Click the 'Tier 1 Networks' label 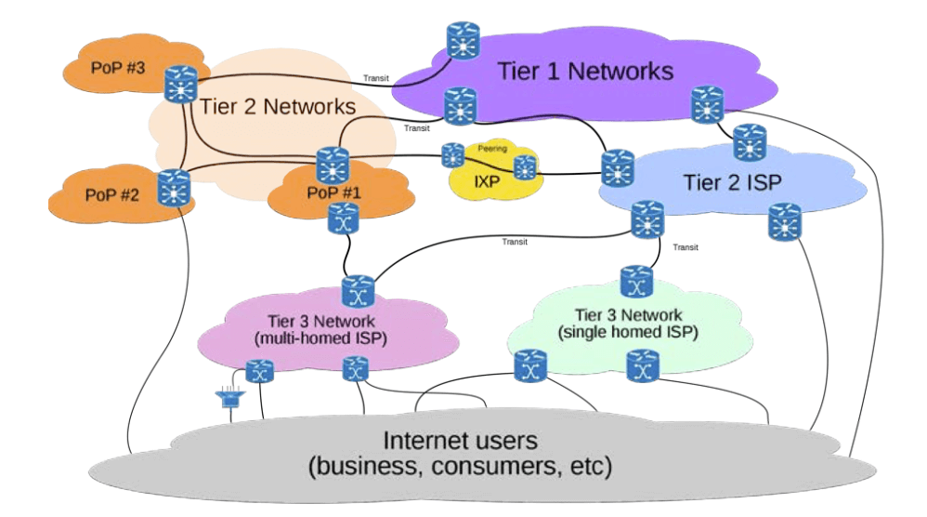click(x=585, y=71)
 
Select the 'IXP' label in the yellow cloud click(x=488, y=182)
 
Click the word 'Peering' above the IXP click(x=492, y=148)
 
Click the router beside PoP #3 click(x=177, y=86)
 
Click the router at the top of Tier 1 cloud click(x=462, y=39)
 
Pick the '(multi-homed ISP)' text click(x=320, y=338)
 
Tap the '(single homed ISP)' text click(x=628, y=331)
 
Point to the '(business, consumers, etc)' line click(x=461, y=465)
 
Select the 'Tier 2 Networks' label click(x=278, y=106)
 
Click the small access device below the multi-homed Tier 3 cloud click(x=227, y=400)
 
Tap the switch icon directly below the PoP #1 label click(x=338, y=219)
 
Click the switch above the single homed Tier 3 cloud click(x=636, y=281)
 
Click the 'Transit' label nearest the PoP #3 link click(x=375, y=78)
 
